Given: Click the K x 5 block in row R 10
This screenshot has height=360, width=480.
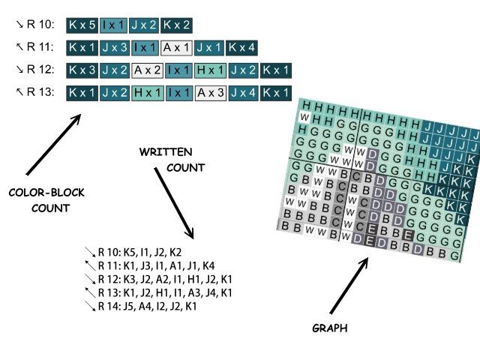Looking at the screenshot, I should pyautogui.click(x=82, y=25).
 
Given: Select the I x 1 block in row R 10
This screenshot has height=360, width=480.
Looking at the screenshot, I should pyautogui.click(x=113, y=25).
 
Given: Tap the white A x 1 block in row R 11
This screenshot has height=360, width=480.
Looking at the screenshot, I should pyautogui.click(x=176, y=48).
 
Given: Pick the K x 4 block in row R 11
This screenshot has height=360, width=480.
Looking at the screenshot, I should pyautogui.click(x=241, y=48).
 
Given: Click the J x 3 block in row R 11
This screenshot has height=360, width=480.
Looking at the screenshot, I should pyautogui.click(x=113, y=48).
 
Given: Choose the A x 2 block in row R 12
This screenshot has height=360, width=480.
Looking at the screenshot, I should pyautogui.click(x=147, y=71).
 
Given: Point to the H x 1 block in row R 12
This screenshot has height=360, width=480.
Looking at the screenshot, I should pyautogui.click(x=210, y=71).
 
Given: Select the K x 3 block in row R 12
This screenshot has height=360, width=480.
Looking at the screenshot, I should pyautogui.click(x=82, y=71).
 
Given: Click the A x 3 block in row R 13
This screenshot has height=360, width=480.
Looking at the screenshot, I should pyautogui.click(x=210, y=94).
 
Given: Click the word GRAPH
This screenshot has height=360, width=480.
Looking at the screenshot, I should pyautogui.click(x=330, y=328).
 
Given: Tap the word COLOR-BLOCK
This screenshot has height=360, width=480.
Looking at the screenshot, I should pyautogui.click(x=46, y=193).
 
